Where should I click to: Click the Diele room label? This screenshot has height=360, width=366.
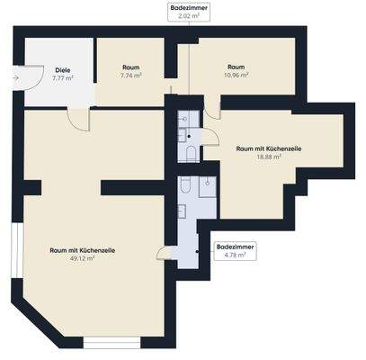(62, 69)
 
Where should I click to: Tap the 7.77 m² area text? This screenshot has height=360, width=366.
(62, 78)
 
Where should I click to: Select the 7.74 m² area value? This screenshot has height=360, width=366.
(130, 76)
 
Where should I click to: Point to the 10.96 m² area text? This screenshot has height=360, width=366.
(237, 76)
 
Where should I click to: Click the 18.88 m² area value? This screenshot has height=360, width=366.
(269, 157)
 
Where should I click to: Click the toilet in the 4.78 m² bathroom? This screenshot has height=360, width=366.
(183, 184)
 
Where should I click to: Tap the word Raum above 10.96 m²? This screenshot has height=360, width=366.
(237, 67)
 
